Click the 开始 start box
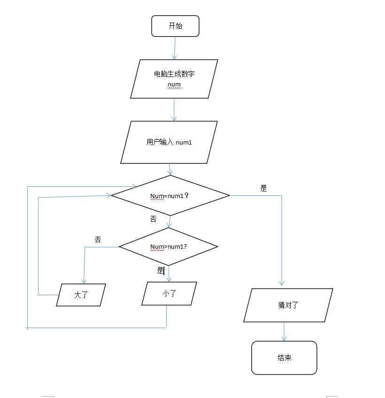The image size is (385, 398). pyautogui.click(x=175, y=26)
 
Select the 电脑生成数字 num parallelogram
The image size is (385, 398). pyautogui.click(x=174, y=79)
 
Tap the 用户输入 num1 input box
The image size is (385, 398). pyautogui.click(x=169, y=142)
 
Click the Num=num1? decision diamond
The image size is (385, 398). pyautogui.click(x=169, y=195)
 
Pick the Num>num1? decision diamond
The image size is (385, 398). pyautogui.click(x=168, y=246)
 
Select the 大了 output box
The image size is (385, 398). pyautogui.click(x=81, y=295)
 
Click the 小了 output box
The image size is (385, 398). pyautogui.click(x=169, y=293)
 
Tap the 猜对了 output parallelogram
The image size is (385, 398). pyautogui.click(x=288, y=305)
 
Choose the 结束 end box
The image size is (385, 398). pyautogui.click(x=284, y=358)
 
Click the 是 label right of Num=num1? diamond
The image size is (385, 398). pyautogui.click(x=263, y=188)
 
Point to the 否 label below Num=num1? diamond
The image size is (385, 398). pyautogui.click(x=153, y=219)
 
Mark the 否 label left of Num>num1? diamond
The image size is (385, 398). pyautogui.click(x=98, y=239)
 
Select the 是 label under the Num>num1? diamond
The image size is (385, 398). pyautogui.click(x=160, y=270)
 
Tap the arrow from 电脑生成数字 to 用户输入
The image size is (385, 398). pyautogui.click(x=174, y=109)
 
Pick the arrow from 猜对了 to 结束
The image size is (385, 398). pyautogui.click(x=284, y=331)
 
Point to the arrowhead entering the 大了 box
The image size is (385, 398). pyautogui.click(x=84, y=280)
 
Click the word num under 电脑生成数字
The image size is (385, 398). pyautogui.click(x=174, y=84)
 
